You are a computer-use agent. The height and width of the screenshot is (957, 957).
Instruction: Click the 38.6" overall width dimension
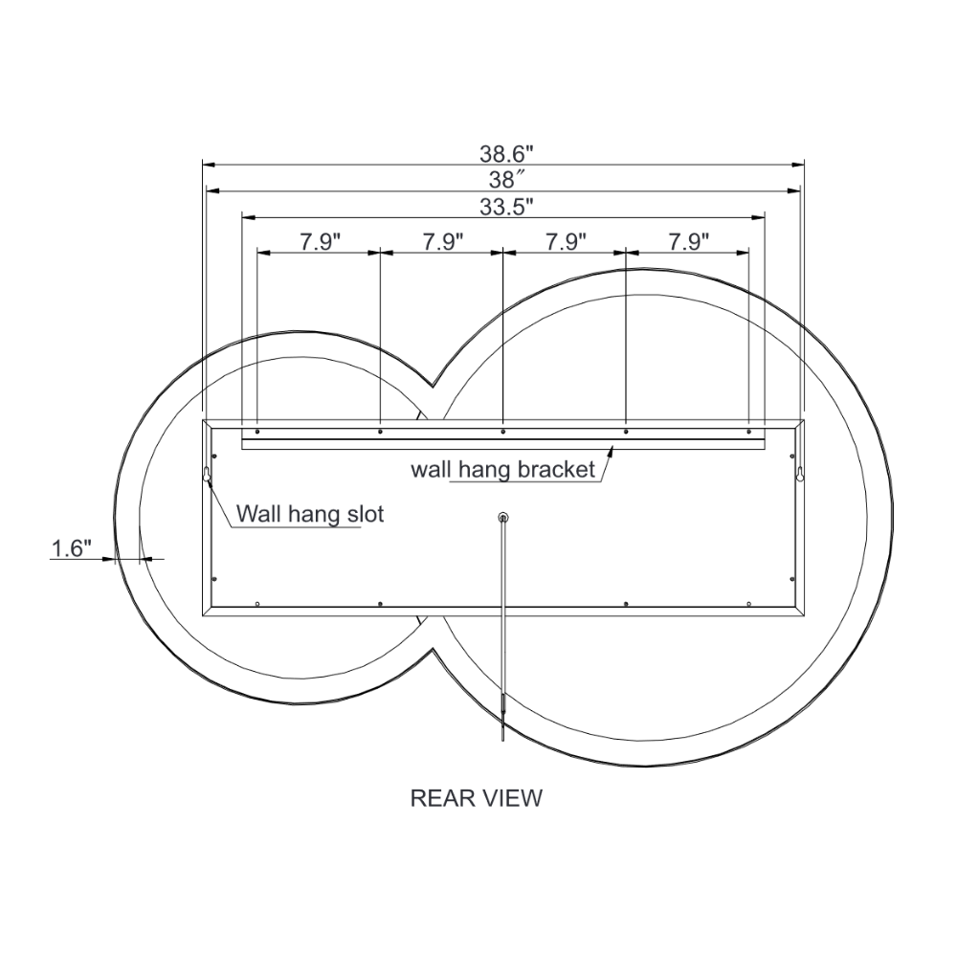505,152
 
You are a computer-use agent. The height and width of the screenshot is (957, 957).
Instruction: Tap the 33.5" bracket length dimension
505,205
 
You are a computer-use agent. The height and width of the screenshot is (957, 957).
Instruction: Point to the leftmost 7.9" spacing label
321,241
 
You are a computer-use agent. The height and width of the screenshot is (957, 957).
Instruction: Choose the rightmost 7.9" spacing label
688,241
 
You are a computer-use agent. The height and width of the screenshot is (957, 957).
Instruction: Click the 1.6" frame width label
71,548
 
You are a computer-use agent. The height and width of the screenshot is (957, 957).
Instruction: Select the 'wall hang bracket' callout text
503,470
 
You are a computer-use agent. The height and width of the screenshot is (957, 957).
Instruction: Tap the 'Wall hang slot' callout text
310,514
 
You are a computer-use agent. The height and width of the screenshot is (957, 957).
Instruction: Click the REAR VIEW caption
476,797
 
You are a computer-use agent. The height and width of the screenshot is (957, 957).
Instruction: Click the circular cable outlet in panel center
503,518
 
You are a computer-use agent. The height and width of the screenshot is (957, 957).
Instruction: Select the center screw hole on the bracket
503,432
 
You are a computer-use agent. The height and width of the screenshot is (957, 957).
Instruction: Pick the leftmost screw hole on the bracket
257,432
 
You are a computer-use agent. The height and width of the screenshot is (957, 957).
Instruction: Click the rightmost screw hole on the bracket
748,432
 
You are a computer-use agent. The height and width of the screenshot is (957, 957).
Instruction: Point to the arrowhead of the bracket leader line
611,450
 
